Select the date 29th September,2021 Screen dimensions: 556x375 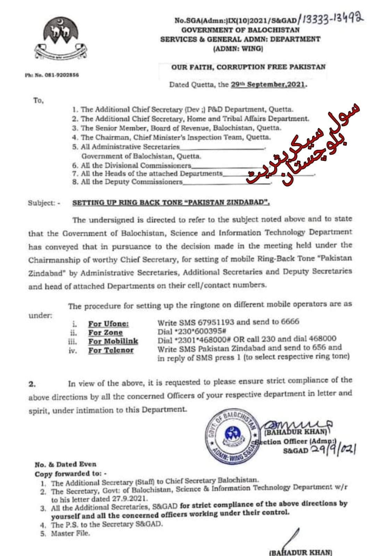(x=268, y=84)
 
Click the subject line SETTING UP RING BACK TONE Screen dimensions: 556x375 (x=170, y=203)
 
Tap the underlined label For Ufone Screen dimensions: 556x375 (x=108, y=324)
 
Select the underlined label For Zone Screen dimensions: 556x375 (x=105, y=332)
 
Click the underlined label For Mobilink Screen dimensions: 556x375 (x=113, y=341)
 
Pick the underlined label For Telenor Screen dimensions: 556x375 (x=111, y=350)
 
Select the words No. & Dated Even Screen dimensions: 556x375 (x=65, y=464)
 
